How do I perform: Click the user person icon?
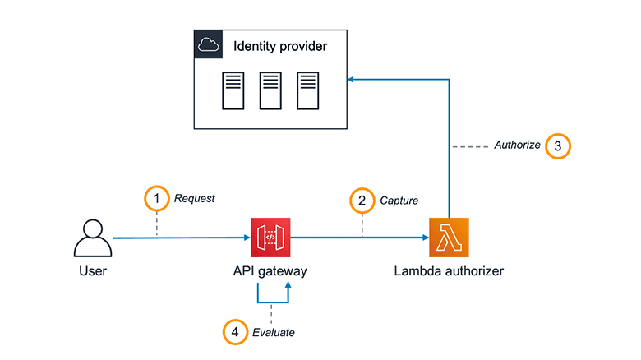92,238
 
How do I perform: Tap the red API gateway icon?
270,238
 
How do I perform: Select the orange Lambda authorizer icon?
449,238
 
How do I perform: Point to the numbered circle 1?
155,198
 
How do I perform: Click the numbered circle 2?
361,199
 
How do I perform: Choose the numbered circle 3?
558,146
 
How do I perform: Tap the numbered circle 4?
235,332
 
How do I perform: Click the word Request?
194,198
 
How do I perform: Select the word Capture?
399,199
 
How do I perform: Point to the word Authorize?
517,145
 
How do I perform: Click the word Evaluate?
274,333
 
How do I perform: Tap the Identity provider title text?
280,46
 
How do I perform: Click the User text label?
92,270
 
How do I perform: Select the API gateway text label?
270,270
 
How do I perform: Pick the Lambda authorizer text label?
449,270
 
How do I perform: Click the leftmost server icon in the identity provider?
233,90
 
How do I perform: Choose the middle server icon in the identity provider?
270,90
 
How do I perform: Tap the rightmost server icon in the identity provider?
307,90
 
